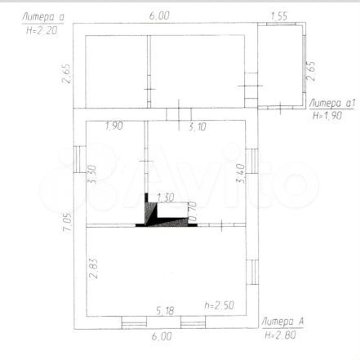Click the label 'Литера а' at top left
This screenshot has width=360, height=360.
tap(43, 17)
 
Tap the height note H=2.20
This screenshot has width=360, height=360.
tap(42, 30)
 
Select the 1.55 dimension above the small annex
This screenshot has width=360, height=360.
tap(279, 16)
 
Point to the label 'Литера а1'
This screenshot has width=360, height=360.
tap(332, 103)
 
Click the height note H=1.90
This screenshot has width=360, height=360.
tap(327, 116)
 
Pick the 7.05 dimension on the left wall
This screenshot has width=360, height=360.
tap(67, 221)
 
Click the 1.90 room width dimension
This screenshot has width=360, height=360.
tap(114, 126)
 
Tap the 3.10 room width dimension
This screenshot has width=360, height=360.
tap(198, 127)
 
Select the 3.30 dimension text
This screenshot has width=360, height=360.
tap(92, 174)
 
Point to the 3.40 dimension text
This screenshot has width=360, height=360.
tap(241, 173)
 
